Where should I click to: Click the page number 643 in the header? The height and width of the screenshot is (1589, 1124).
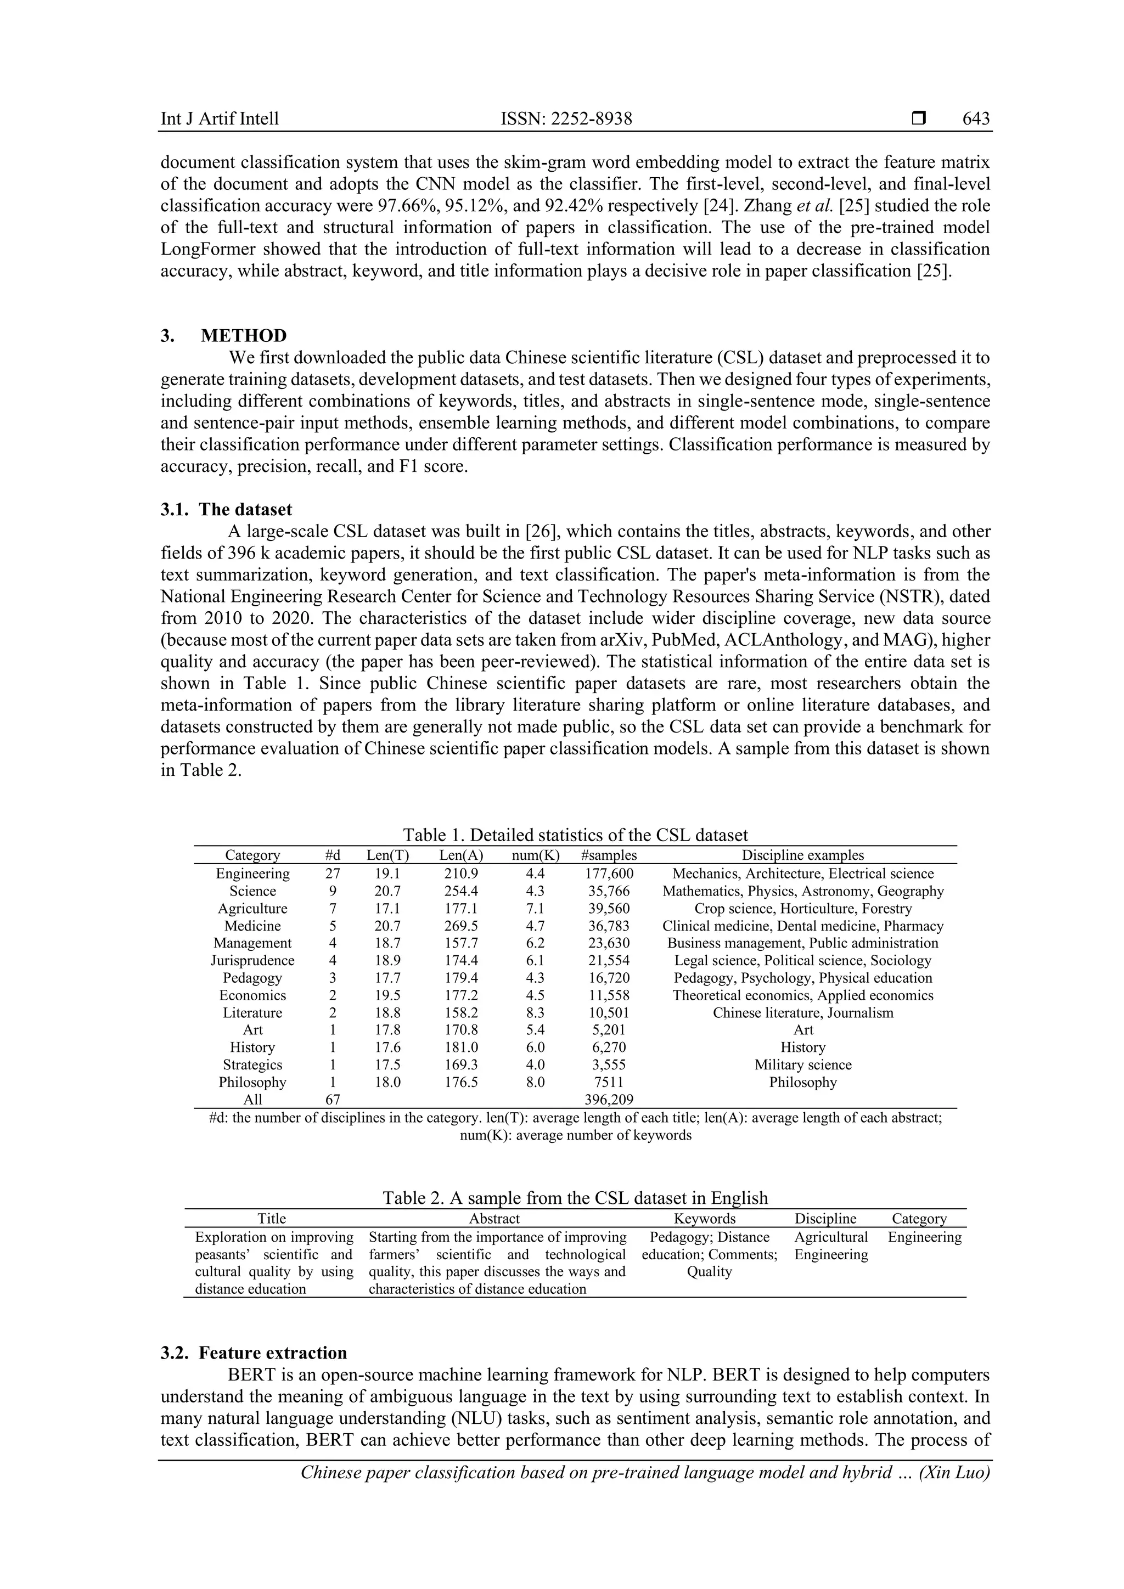[976, 119]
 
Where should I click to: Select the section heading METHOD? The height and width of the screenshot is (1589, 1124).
[244, 336]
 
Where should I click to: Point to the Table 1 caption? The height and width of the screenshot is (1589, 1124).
[575, 835]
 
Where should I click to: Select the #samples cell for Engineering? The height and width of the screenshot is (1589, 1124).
[609, 874]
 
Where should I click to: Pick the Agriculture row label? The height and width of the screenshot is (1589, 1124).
[252, 908]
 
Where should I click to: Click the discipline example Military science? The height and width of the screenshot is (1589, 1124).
[803, 1064]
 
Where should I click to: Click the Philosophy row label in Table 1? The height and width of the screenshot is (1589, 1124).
[252, 1083]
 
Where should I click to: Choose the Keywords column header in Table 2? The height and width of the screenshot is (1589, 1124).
[705, 1219]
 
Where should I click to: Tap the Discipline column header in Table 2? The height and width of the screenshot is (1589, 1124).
[825, 1219]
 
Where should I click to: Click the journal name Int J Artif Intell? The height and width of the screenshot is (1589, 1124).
[220, 119]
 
